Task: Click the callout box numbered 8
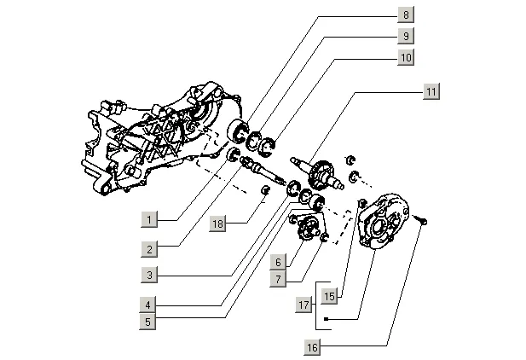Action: click(406, 15)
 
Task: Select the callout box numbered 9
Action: click(406, 36)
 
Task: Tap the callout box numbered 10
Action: click(406, 57)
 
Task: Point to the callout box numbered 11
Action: click(431, 91)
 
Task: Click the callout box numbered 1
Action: click(149, 220)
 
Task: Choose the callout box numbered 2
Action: click(149, 249)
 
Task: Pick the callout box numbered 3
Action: click(149, 275)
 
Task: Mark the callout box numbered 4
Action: click(149, 304)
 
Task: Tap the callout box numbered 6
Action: click(278, 261)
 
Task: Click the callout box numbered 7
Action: click(278, 278)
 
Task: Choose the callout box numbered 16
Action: click(314, 346)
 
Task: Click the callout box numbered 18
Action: click(219, 224)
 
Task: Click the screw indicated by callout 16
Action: click(423, 220)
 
